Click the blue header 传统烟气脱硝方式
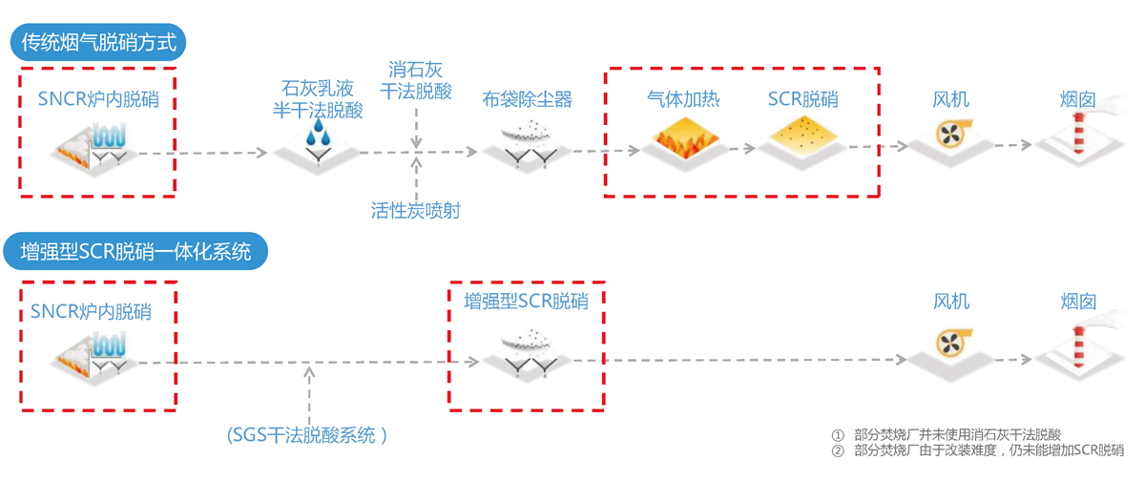[98, 42]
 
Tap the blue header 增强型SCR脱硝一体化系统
[135, 251]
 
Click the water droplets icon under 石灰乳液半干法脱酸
[318, 132]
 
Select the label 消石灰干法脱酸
[416, 80]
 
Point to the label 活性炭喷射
[416, 210]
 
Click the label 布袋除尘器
[527, 99]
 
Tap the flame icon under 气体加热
[685, 138]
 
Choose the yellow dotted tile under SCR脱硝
[803, 136]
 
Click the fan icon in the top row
[952, 134]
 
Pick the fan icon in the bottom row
[953, 343]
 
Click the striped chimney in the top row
[1078, 133]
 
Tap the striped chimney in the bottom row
[1078, 346]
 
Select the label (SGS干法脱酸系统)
[306, 435]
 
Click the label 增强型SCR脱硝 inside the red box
[527, 301]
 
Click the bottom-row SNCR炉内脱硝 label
[91, 311]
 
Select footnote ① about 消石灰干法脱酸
[947, 434]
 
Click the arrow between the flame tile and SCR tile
[742, 149]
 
